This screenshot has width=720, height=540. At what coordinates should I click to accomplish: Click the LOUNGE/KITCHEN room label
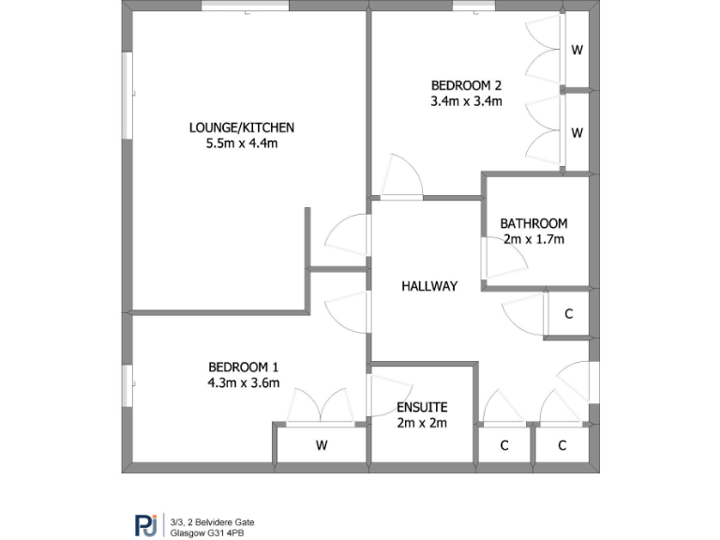coord(242,127)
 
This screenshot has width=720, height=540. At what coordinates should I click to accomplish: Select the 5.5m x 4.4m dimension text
coord(242,143)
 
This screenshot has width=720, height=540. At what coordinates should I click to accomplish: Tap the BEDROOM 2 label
coord(466,85)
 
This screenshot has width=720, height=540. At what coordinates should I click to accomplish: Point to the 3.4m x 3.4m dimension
coord(466,101)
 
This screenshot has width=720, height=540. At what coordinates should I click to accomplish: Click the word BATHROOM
coord(533,223)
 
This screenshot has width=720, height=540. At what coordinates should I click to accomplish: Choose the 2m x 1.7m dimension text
coord(533,239)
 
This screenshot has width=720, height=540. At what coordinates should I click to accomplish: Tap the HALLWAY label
coord(429,286)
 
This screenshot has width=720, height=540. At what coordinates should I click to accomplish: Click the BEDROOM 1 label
coord(243,367)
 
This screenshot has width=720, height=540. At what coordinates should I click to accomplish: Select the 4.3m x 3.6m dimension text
coord(243,382)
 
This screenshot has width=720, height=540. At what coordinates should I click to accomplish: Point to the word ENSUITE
coord(422,407)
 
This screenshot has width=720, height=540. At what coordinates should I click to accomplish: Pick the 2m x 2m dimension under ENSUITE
coord(422,423)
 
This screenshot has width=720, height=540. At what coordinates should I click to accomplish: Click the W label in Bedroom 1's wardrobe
coord(322,445)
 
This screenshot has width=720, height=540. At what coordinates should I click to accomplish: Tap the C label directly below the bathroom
coord(568,314)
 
